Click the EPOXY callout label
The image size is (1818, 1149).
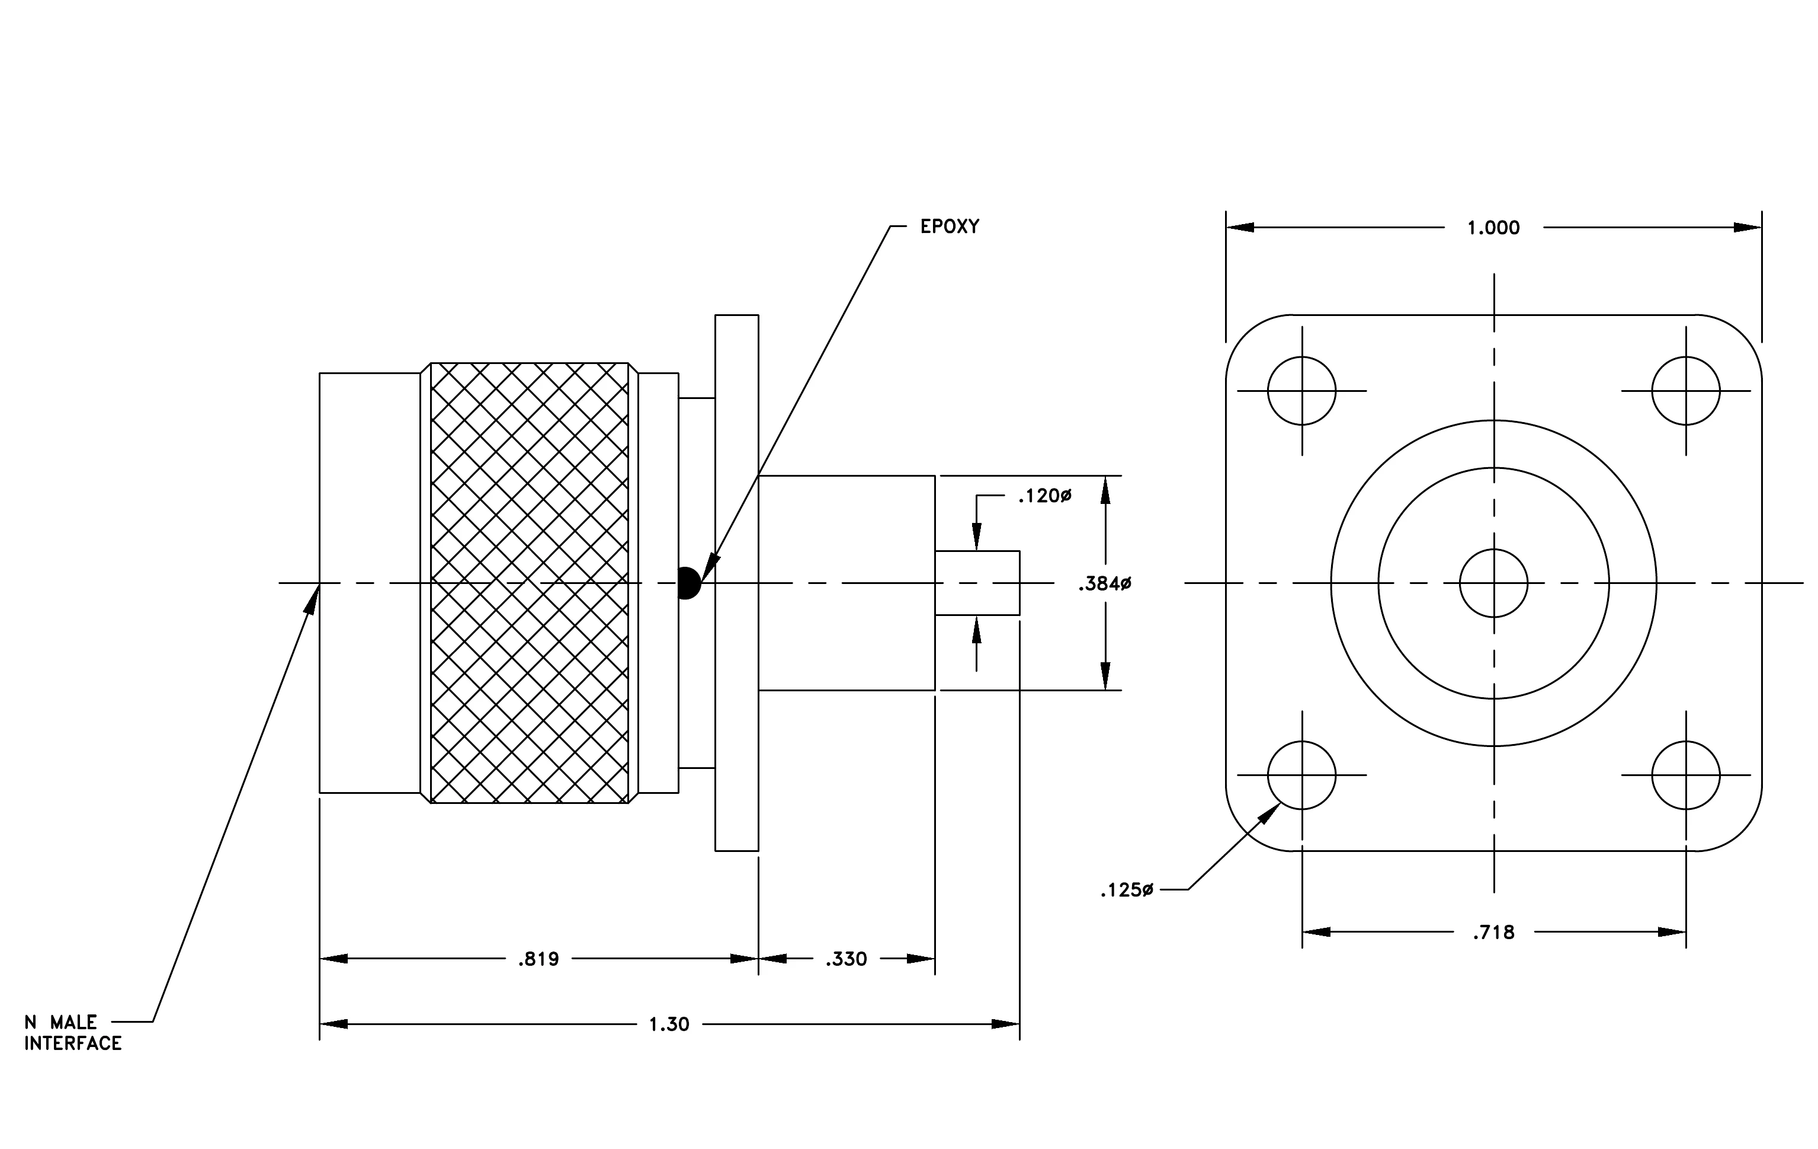(x=949, y=226)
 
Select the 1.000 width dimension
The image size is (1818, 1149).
(x=1493, y=228)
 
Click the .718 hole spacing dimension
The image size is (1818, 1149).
(x=1493, y=932)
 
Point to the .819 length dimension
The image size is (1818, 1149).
(x=538, y=959)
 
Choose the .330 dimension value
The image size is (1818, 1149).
(x=847, y=959)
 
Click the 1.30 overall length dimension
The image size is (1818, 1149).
(x=669, y=1023)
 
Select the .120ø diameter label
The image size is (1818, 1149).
(x=1045, y=496)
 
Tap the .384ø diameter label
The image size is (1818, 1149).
(x=1105, y=583)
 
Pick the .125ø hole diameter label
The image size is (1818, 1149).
(x=1127, y=891)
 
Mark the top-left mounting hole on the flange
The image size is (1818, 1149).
(x=1301, y=391)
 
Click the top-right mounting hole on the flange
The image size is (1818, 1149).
(x=1686, y=391)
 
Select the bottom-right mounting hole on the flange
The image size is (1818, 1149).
(x=1686, y=775)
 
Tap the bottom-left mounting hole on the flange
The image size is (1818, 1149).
(x=1301, y=775)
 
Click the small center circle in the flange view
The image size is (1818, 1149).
(x=1493, y=583)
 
